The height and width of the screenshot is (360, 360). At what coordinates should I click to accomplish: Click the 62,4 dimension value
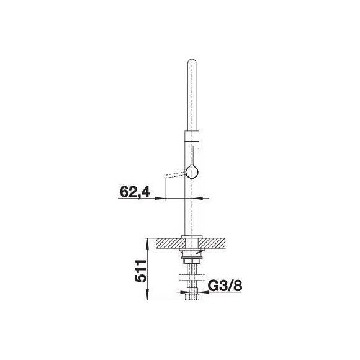pyautogui.click(x=135, y=192)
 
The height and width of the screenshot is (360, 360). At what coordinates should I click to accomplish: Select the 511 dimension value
pyautogui.click(x=140, y=271)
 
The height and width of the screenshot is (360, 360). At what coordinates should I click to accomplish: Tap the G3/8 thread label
pyautogui.click(x=225, y=286)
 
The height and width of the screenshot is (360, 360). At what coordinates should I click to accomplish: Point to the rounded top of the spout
pyautogui.click(x=192, y=61)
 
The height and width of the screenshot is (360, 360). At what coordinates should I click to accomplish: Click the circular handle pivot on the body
pyautogui.click(x=192, y=172)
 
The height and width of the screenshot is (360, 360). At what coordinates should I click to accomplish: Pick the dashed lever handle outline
pyautogui.click(x=176, y=174)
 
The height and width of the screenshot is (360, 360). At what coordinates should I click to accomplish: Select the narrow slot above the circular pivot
pyautogui.click(x=192, y=156)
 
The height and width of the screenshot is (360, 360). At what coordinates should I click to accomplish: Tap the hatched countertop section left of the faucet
pyautogui.click(x=170, y=243)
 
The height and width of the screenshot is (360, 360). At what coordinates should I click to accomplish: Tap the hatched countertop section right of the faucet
pyautogui.click(x=212, y=243)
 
